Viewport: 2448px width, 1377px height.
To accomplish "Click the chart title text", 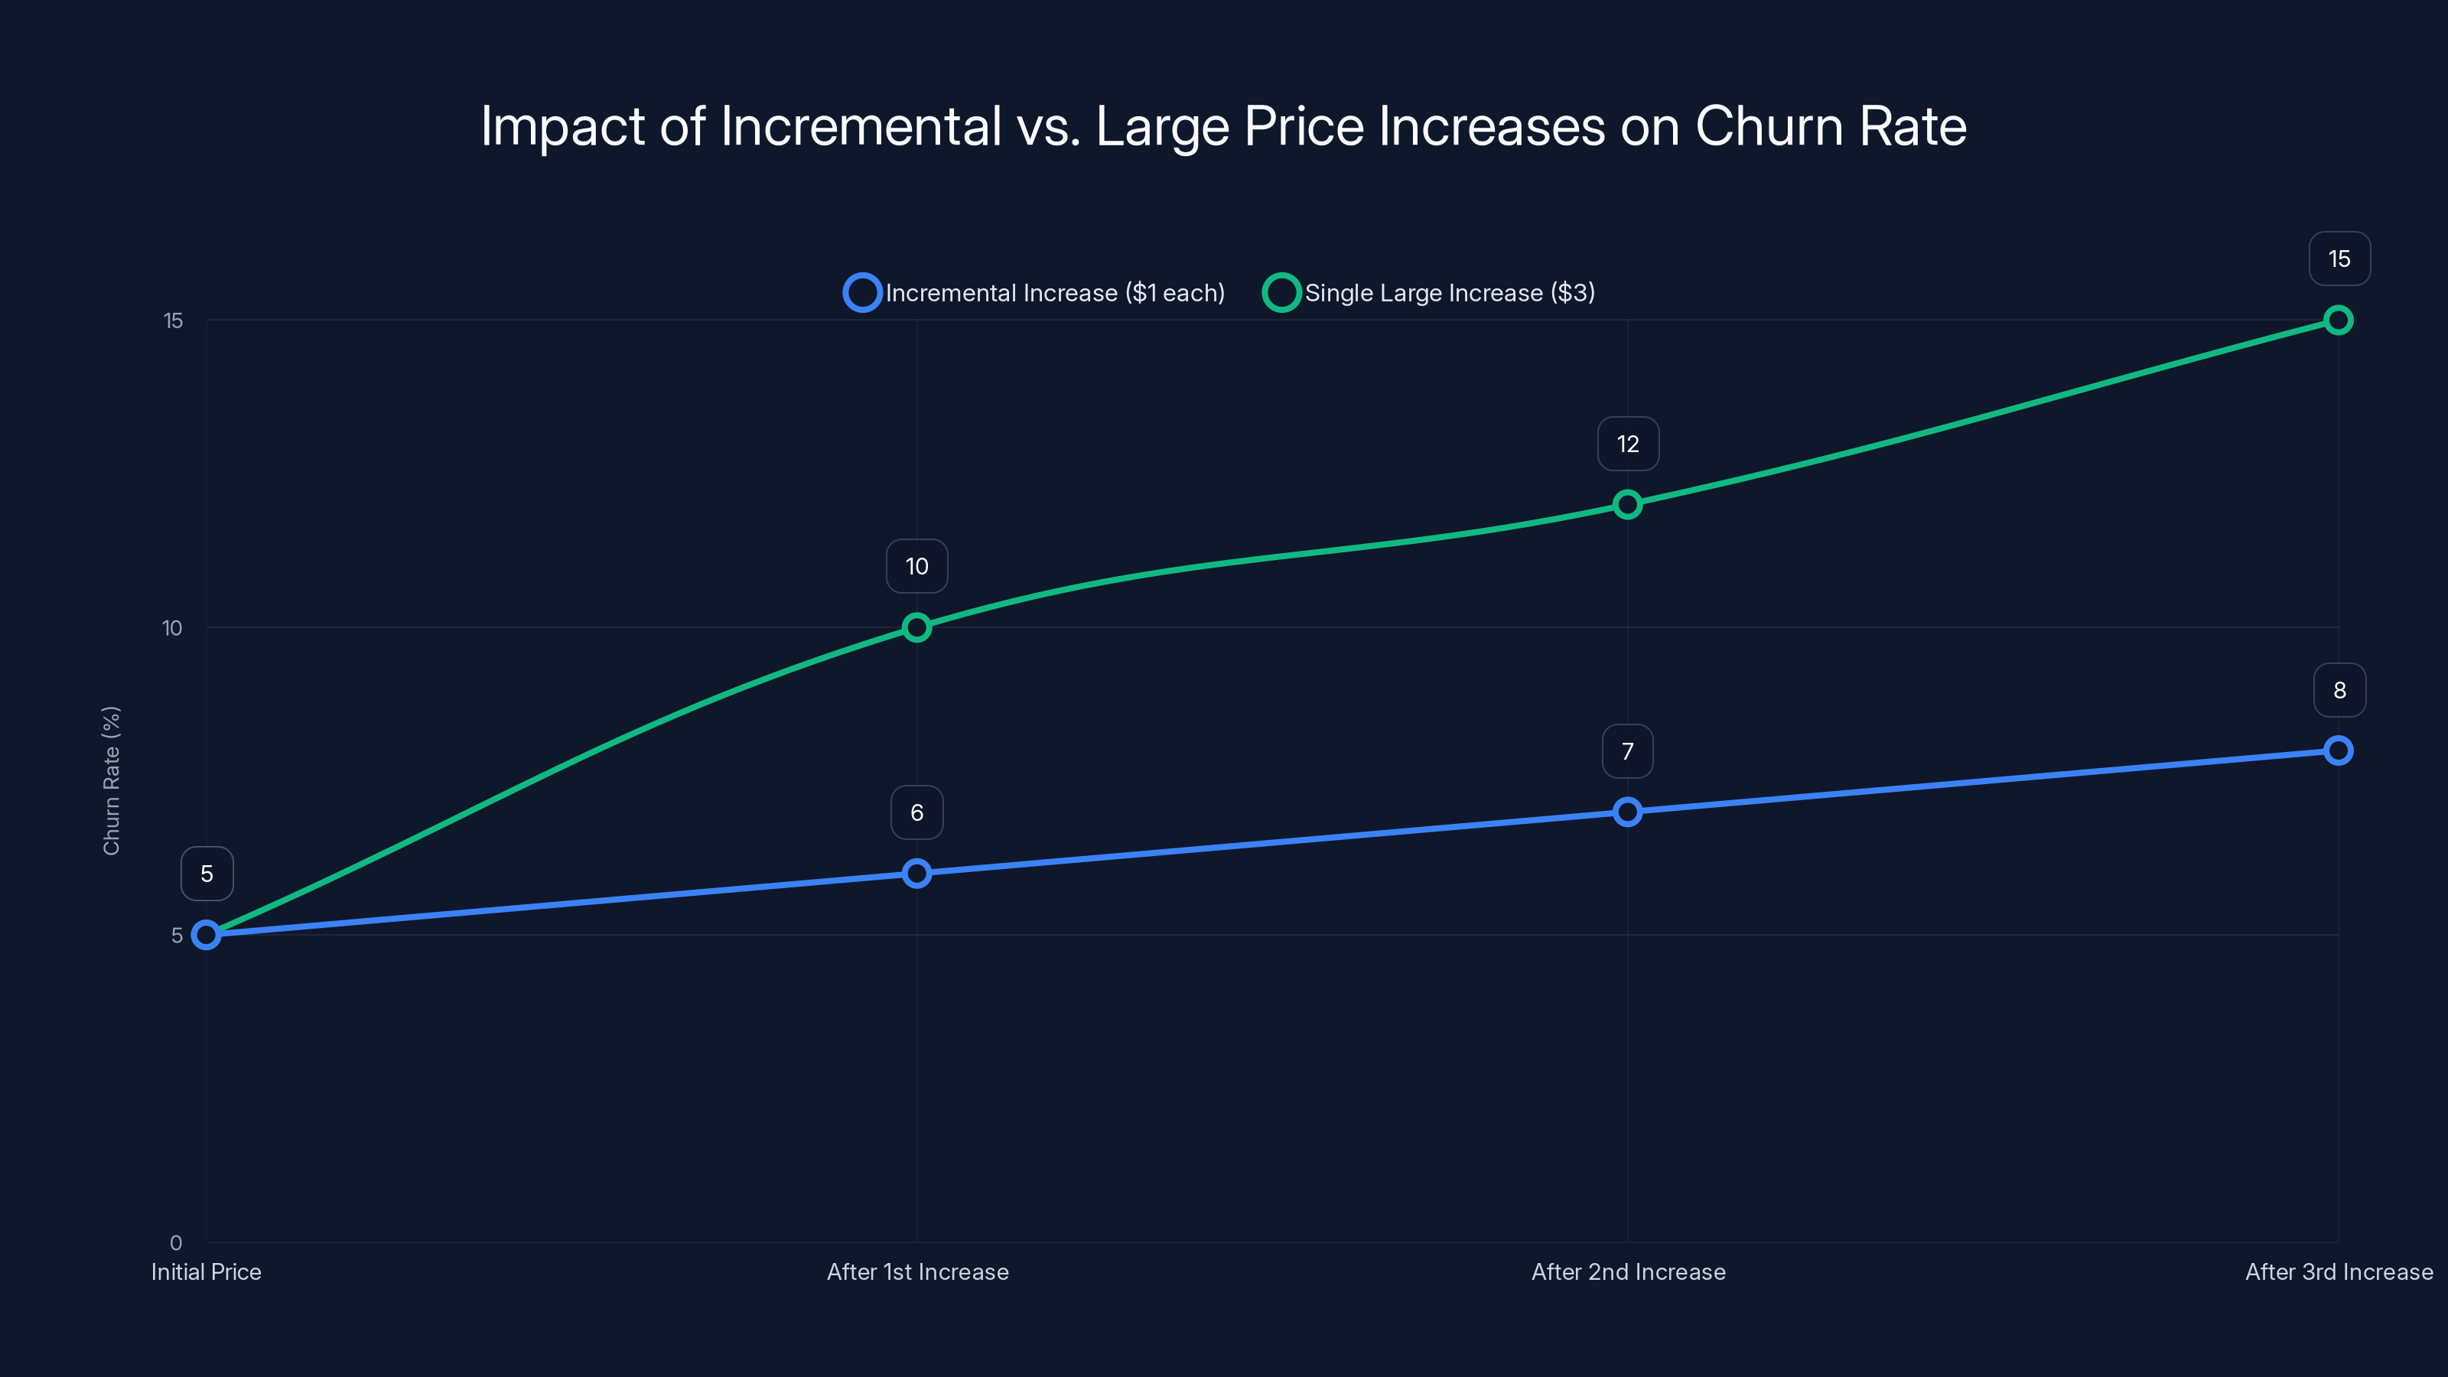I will coord(1223,125).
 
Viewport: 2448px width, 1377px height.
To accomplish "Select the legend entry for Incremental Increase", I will coord(1035,293).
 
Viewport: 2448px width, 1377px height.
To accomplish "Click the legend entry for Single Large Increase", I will coord(1431,293).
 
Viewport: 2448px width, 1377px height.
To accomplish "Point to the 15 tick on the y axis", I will coord(173,321).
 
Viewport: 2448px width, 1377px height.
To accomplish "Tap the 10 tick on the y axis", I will coord(172,628).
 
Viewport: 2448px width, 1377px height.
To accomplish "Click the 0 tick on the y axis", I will coord(176,1243).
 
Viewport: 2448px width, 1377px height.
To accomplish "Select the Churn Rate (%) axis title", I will coord(111,780).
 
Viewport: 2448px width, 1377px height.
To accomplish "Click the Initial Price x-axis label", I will coord(207,1272).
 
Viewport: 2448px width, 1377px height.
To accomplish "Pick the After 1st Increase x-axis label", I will coord(917,1272).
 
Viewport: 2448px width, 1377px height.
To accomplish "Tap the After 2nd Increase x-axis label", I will coord(1628,1272).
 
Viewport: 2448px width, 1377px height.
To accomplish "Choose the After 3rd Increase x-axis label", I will coord(2338,1272).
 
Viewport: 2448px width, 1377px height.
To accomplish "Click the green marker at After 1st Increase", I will coord(917,627).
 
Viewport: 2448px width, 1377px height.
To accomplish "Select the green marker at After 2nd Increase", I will coord(1628,505).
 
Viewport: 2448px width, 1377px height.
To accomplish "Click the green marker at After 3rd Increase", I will coord(2339,321).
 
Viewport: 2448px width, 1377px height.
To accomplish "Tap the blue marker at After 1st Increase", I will coord(917,874).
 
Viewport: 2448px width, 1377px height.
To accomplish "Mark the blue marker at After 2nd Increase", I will coord(1628,812).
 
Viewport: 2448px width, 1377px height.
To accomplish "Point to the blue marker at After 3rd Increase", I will coord(2339,750).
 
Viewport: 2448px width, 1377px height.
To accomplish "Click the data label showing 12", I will coord(1628,444).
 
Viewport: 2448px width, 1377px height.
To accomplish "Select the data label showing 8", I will coord(2339,690).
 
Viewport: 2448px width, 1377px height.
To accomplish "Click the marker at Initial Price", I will coord(207,935).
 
